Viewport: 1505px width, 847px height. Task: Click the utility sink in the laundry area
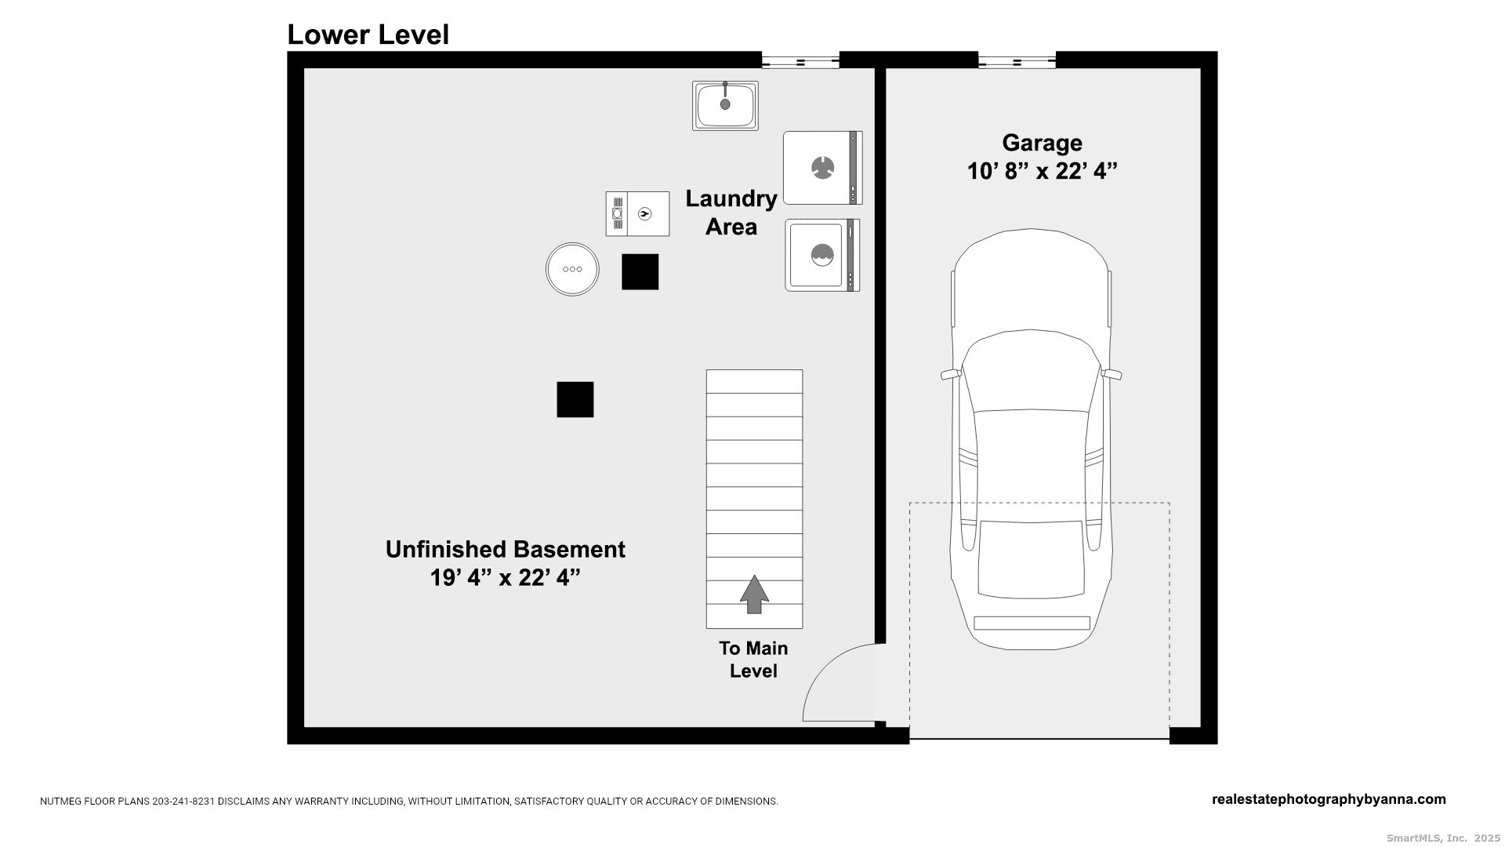(x=725, y=105)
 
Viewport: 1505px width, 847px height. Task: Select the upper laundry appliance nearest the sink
(x=823, y=168)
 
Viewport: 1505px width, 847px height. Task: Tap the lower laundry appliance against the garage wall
(x=822, y=255)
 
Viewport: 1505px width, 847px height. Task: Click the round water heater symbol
(x=572, y=269)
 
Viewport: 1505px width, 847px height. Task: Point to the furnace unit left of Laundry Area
(x=637, y=213)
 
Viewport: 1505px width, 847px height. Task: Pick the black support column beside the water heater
(x=640, y=272)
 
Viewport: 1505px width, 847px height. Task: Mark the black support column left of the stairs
(x=575, y=399)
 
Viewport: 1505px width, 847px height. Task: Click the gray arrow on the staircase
(x=754, y=594)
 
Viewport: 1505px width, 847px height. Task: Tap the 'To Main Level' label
(x=753, y=660)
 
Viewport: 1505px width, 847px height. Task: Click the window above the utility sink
(x=800, y=60)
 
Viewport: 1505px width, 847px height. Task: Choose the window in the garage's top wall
(x=1017, y=60)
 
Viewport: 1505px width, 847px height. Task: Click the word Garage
(x=1042, y=143)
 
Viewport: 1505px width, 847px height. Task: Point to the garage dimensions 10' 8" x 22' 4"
(x=1042, y=171)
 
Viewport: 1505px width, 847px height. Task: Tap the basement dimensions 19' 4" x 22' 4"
(x=505, y=578)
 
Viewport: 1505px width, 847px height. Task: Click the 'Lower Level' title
(x=368, y=35)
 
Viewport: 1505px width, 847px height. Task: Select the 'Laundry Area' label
(x=731, y=213)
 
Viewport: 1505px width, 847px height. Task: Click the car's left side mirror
(x=951, y=375)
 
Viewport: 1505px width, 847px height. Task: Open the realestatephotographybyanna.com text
(x=1329, y=800)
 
